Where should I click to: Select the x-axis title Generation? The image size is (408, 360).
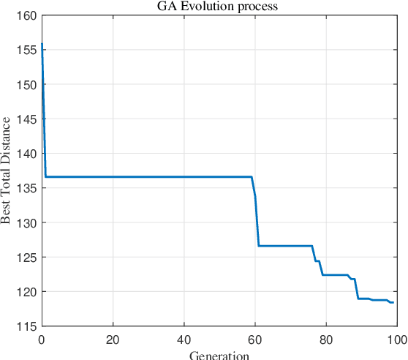pyautogui.click(x=219, y=355)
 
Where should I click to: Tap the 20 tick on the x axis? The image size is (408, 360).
pyautogui.click(x=113, y=339)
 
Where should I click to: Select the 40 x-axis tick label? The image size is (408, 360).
pyautogui.click(x=184, y=339)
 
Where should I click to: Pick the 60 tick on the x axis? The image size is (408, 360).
pyautogui.click(x=254, y=339)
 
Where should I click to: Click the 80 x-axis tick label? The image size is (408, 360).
pyautogui.click(x=325, y=339)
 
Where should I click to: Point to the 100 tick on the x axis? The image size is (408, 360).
pyautogui.click(x=395, y=339)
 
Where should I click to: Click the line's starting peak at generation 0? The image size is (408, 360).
pyautogui.click(x=42, y=45)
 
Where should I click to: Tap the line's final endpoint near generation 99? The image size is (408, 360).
pyautogui.click(x=393, y=302)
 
